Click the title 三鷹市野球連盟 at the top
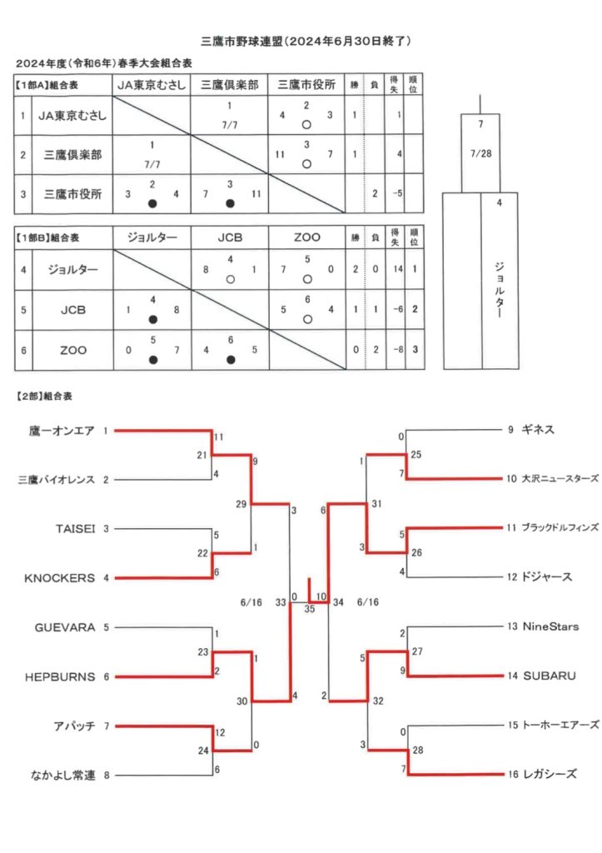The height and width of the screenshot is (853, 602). click(x=242, y=42)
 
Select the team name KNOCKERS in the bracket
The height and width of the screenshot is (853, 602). click(x=59, y=578)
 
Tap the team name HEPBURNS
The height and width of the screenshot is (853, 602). click(x=60, y=676)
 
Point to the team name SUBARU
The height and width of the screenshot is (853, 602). click(x=550, y=676)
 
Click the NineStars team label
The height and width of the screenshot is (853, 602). click(x=550, y=626)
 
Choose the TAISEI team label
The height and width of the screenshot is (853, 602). click(x=75, y=529)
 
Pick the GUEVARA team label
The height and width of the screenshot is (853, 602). click(x=65, y=627)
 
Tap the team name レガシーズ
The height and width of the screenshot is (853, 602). click(x=550, y=774)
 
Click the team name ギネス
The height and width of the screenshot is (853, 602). click(x=538, y=429)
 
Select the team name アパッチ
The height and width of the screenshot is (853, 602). click(x=74, y=726)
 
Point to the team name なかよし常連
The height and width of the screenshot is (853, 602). click(x=63, y=776)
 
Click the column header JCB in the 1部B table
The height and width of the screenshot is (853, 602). click(x=230, y=237)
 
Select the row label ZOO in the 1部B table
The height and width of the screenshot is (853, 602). click(x=73, y=351)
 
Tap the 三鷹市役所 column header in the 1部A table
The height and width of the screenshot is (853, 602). click(x=306, y=85)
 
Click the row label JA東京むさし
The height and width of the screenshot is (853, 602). click(x=72, y=115)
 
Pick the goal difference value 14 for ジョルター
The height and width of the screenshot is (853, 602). click(x=398, y=269)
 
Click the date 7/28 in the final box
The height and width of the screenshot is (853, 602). click(x=480, y=153)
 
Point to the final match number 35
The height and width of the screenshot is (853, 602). click(x=310, y=609)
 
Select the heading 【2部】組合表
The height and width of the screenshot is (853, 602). click(x=44, y=396)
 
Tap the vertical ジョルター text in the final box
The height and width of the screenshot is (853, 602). click(x=500, y=290)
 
